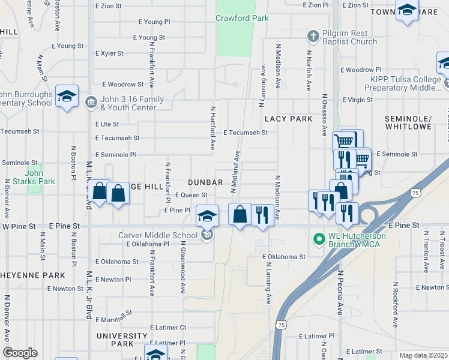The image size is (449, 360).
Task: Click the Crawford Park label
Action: point(243,18)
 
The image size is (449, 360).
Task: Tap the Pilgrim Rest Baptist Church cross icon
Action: point(312,37)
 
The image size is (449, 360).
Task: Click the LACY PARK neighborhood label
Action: point(289,119)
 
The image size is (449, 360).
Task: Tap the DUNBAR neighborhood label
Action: point(205,182)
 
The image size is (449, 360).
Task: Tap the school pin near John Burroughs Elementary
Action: point(67,96)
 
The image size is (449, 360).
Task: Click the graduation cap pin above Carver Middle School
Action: point(207,216)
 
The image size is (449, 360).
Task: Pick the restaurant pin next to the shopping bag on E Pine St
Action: point(262,214)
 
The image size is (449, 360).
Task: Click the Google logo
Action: point(20,353)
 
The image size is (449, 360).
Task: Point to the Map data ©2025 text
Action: point(423,355)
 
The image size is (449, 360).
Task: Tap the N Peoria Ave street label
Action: point(339,292)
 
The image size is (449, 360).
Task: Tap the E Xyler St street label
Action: point(109,53)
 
